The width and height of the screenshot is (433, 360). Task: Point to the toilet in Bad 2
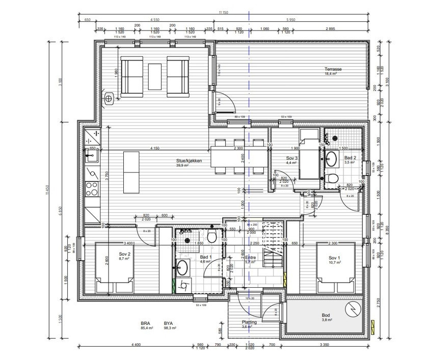332,178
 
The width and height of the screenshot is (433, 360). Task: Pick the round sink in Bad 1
183,266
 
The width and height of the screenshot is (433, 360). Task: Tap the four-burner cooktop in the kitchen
92,188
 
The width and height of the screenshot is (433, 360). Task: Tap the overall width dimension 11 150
223,12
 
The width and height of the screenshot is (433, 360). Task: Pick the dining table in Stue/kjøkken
238,159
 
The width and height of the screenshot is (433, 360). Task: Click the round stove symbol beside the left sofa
109,99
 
